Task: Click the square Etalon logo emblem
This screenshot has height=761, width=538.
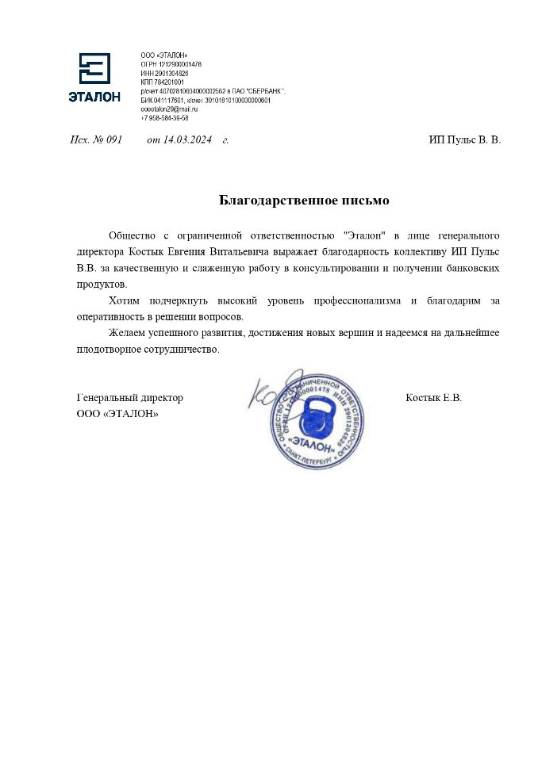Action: tap(94, 68)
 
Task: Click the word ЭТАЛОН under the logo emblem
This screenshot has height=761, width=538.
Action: tap(94, 98)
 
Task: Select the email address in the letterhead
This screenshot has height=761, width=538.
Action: tap(169, 109)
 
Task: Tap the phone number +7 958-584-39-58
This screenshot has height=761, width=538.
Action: tap(164, 118)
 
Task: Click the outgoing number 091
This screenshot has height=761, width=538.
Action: tap(113, 140)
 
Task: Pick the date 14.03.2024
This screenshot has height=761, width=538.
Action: tap(188, 140)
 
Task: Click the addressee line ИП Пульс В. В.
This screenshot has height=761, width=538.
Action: tap(464, 140)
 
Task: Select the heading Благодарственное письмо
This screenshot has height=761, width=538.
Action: tap(304, 201)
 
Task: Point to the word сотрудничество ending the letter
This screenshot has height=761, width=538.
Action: tap(179, 349)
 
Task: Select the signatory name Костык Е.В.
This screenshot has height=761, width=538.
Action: tap(433, 398)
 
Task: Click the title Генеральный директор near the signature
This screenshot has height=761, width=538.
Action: tap(130, 398)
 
